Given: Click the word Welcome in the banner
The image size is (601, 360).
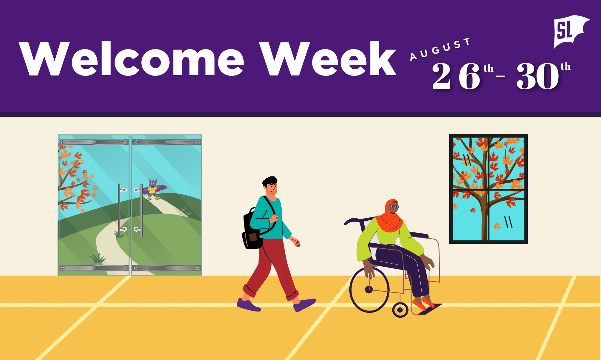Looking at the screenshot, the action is click(x=132, y=59).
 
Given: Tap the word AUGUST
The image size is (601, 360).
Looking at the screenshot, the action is click(x=440, y=49).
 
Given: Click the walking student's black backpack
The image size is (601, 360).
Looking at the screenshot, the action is click(x=253, y=229).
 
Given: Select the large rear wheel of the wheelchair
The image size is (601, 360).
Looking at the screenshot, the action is click(x=369, y=289).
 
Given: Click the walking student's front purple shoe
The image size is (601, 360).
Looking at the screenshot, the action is click(x=305, y=305).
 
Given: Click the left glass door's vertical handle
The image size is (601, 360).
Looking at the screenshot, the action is click(x=119, y=210).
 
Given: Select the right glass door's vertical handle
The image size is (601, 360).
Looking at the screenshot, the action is click(x=141, y=210).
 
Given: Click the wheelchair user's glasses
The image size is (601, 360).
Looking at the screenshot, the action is click(x=394, y=207).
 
